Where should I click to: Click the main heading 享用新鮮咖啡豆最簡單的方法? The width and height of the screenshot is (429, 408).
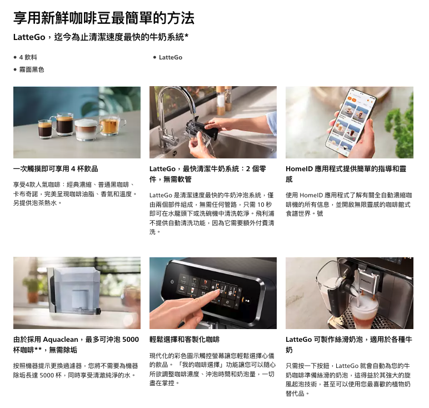104,18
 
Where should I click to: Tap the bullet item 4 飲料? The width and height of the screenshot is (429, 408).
28,57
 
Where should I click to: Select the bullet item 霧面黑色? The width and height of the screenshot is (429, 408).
32,70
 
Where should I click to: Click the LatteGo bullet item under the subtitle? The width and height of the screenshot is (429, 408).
171,57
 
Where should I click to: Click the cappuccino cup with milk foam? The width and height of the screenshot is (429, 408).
87,130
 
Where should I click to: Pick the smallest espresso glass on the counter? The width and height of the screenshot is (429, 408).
45,129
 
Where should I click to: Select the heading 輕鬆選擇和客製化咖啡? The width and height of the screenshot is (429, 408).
184,340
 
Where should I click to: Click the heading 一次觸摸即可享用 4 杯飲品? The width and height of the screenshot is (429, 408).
56,169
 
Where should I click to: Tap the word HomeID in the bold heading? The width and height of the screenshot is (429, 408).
299,169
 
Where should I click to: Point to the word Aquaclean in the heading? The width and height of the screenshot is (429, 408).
61,340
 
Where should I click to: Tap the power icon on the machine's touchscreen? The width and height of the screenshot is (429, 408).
172,282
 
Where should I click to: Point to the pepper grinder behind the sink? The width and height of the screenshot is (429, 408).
221,101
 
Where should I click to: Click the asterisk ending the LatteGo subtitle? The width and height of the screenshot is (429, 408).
187,36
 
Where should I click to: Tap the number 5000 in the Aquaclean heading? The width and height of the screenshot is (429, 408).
131,340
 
